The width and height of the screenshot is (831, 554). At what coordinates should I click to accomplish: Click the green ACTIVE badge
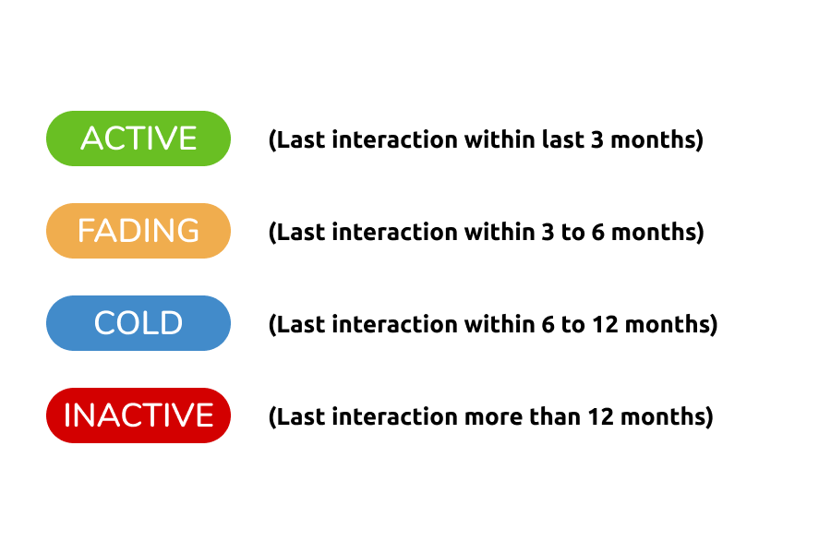pyautogui.click(x=138, y=138)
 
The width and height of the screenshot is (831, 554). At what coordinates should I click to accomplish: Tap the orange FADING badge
pyautogui.click(x=138, y=231)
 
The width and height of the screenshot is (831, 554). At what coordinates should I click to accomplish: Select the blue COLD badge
pyautogui.click(x=138, y=323)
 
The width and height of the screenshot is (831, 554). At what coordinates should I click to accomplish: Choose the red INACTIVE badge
pyautogui.click(x=138, y=415)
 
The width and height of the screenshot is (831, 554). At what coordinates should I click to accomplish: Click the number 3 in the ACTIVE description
pyautogui.click(x=596, y=139)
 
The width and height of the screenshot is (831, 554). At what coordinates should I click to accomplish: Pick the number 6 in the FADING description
pyautogui.click(x=597, y=232)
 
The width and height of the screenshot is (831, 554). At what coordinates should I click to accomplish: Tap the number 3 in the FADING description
pyautogui.click(x=548, y=232)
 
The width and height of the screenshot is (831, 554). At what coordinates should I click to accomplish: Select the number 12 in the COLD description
pyautogui.click(x=605, y=324)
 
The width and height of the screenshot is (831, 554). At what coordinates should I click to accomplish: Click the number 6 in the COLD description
pyautogui.click(x=548, y=324)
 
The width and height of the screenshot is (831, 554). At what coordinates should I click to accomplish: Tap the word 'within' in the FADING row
pyautogui.click(x=500, y=232)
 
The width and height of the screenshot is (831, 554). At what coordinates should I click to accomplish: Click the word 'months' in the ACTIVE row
pyautogui.click(x=653, y=139)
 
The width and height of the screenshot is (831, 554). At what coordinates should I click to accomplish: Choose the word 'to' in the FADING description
pyautogui.click(x=572, y=233)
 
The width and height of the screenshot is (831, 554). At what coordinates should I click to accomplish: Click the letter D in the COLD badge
pyautogui.click(x=171, y=323)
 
